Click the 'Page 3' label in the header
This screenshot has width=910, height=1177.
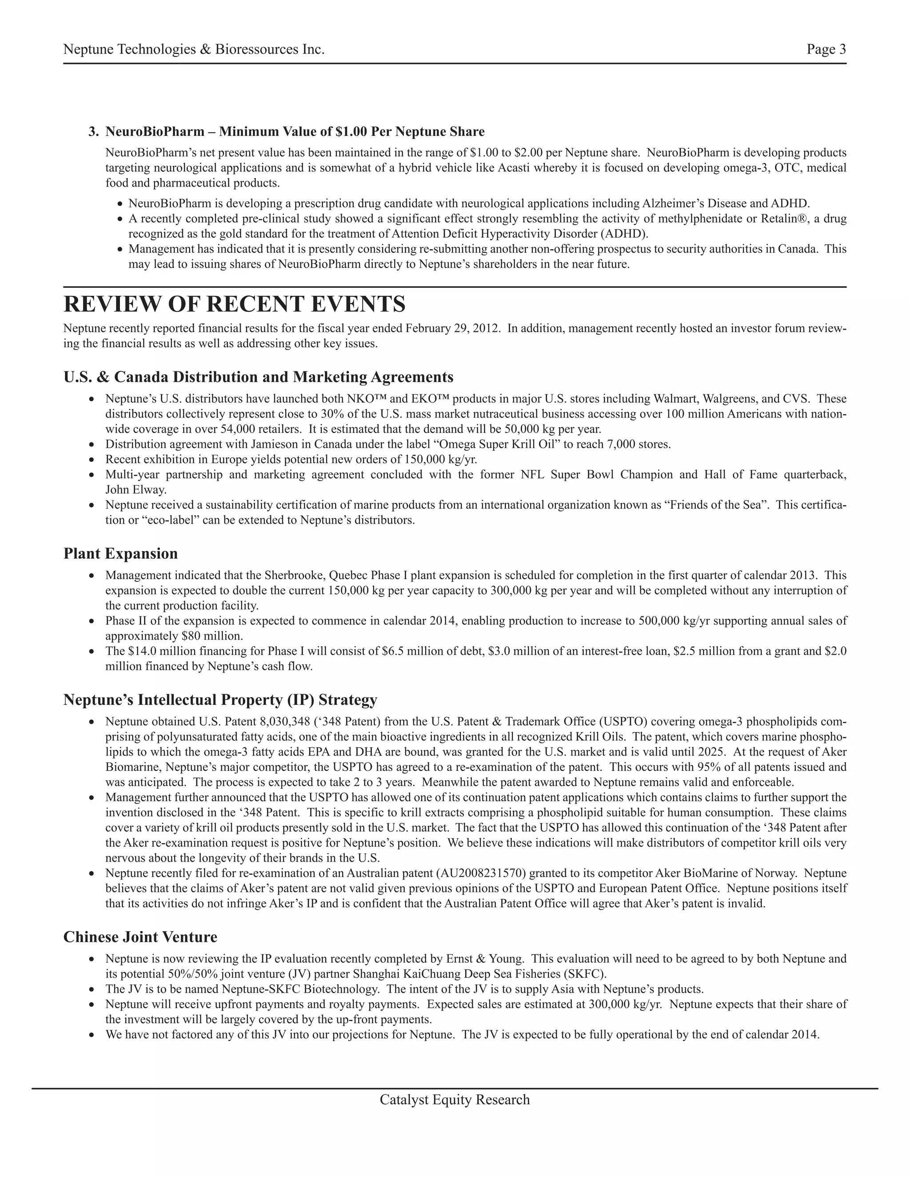[826, 50]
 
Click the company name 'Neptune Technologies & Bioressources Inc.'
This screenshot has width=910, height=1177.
[194, 50]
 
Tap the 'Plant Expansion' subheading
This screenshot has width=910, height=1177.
[120, 553]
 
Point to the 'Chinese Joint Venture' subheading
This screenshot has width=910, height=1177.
[140, 937]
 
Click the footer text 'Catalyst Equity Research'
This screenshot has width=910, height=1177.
[455, 1099]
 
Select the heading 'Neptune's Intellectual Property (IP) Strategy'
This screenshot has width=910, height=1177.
[220, 700]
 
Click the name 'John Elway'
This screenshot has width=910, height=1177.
[136, 489]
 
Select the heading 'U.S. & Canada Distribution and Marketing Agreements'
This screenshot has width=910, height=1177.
[258, 377]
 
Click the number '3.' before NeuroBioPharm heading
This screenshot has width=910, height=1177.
[93, 131]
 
